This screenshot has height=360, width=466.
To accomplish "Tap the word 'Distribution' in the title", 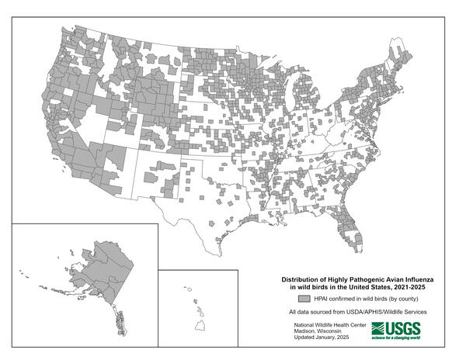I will pos(302,279).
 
